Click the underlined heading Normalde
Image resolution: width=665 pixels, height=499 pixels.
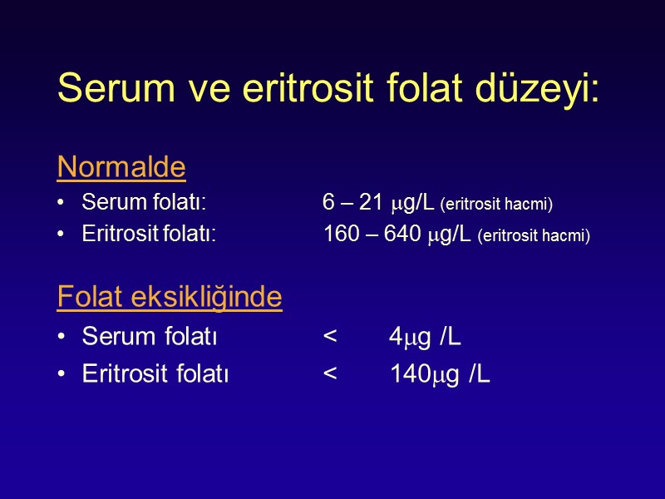tap(121, 168)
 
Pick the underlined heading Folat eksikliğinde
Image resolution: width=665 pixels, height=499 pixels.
tap(170, 297)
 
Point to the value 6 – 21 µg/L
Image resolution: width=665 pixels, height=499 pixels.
tap(379, 202)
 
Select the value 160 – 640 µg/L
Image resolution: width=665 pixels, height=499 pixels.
tap(398, 235)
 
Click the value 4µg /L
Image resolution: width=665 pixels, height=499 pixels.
tap(426, 337)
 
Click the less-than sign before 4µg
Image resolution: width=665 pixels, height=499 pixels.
tap(330, 337)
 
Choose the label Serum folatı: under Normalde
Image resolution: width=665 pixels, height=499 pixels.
tap(144, 202)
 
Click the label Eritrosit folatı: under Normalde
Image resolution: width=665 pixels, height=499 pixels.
tap(149, 235)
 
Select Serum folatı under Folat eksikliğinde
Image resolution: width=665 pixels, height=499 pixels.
tap(150, 337)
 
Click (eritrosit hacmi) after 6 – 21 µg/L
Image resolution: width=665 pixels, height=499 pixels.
tap(496, 204)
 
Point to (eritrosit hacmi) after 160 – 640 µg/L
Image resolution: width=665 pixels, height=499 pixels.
tap(534, 237)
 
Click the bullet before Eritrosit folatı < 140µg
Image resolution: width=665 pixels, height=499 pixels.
tap(62, 375)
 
